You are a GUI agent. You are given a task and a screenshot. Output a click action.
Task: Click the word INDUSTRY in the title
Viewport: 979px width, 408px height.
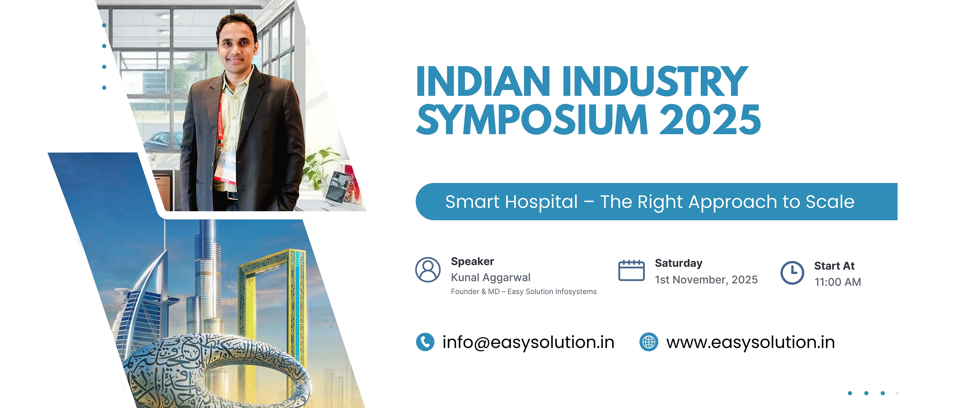pyautogui.click(x=655, y=81)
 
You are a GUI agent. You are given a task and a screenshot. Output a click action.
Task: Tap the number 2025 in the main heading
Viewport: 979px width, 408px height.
pyautogui.click(x=710, y=120)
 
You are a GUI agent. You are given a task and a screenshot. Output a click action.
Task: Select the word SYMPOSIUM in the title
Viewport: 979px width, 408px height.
pyautogui.click(x=532, y=120)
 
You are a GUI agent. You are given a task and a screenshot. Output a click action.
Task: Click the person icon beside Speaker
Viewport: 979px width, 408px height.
pyautogui.click(x=428, y=270)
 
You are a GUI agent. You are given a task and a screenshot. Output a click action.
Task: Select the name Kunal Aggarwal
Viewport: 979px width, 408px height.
pyautogui.click(x=490, y=278)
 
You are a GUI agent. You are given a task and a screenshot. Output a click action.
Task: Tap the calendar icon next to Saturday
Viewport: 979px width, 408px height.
pyautogui.click(x=631, y=270)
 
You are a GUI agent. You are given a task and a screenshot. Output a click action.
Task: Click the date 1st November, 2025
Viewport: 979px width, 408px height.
pyautogui.click(x=706, y=280)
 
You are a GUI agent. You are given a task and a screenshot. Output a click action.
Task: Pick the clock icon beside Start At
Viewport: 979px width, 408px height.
pyautogui.click(x=792, y=273)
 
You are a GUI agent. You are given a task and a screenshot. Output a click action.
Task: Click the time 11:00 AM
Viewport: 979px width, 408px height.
pyautogui.click(x=838, y=282)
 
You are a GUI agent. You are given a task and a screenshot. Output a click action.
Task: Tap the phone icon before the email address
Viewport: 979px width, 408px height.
pyautogui.click(x=425, y=342)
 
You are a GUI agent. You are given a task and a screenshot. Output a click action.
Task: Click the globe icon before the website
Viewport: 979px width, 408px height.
pyautogui.click(x=649, y=342)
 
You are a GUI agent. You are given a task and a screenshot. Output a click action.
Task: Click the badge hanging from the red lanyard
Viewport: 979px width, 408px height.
pyautogui.click(x=227, y=167)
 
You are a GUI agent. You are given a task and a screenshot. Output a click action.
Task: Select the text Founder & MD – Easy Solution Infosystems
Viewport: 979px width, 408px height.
pyautogui.click(x=523, y=292)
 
